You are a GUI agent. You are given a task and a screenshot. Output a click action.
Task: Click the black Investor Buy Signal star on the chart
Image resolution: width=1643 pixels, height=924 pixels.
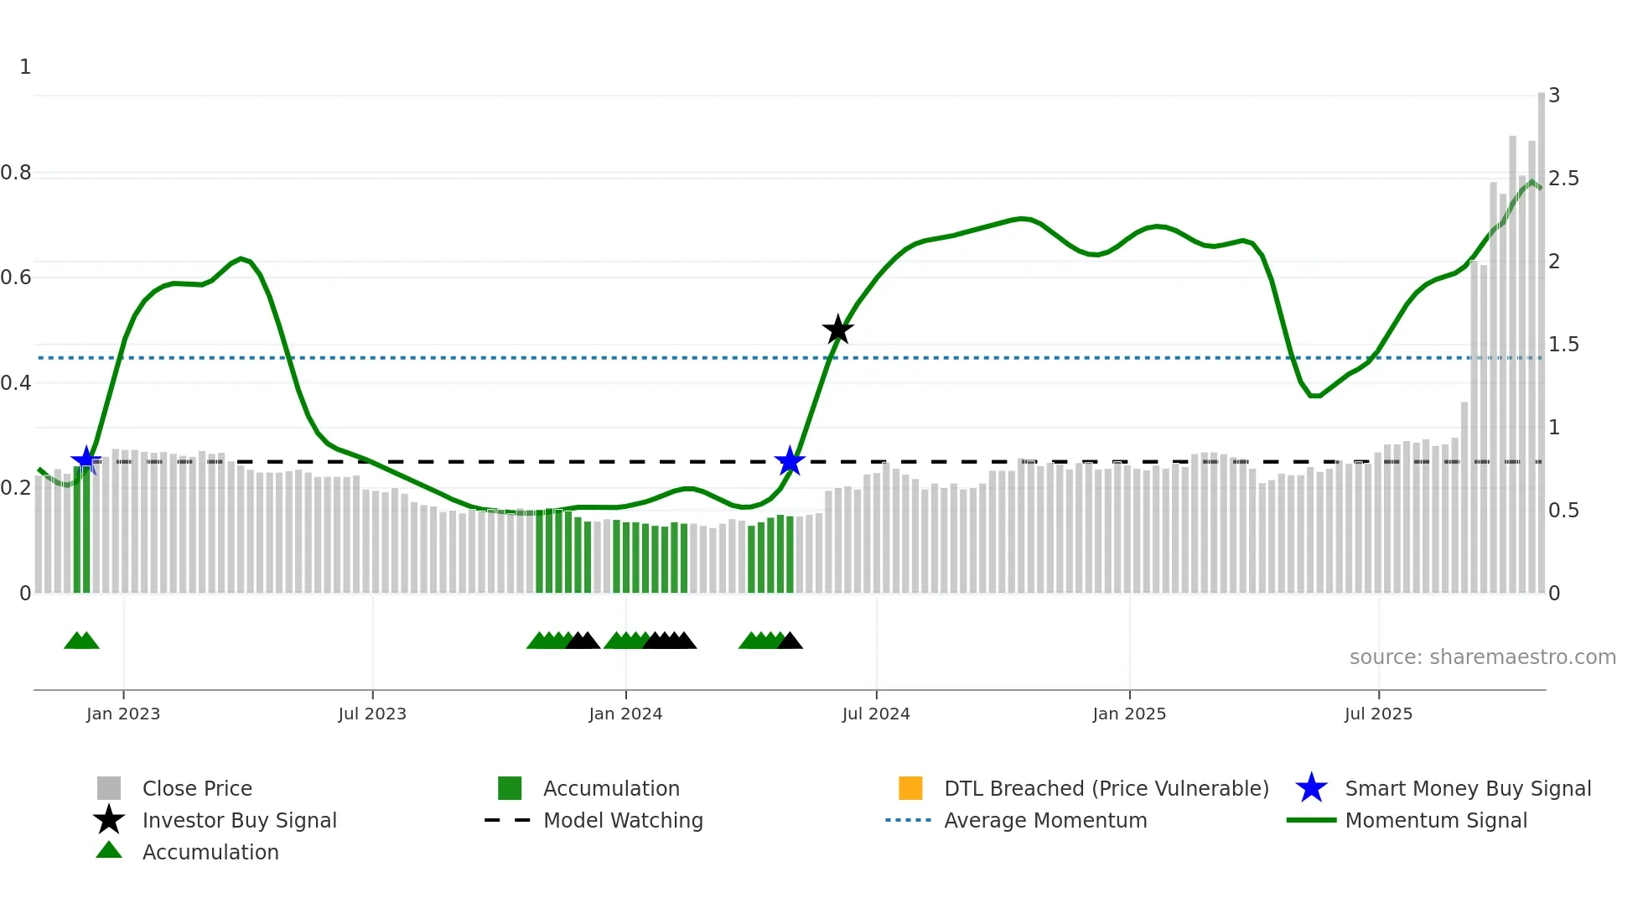tap(837, 330)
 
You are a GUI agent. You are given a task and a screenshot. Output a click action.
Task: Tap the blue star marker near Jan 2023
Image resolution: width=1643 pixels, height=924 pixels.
tap(86, 460)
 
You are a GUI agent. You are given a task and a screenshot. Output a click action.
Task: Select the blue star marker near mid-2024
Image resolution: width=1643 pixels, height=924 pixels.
tap(790, 460)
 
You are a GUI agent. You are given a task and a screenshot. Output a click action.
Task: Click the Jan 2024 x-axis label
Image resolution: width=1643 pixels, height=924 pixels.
tap(625, 714)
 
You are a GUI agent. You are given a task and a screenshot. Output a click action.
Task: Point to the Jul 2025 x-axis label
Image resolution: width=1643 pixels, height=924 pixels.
tap(1378, 714)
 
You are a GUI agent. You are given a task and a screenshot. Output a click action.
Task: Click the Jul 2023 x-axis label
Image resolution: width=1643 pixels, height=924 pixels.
tap(372, 714)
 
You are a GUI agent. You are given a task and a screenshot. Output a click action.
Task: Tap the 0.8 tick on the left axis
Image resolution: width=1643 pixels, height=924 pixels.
tap(16, 173)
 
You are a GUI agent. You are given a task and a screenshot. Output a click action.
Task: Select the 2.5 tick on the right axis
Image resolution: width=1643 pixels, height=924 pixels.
tap(1563, 179)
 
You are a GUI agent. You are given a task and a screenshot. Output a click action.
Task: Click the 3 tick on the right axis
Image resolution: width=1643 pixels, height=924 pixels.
tap(1554, 96)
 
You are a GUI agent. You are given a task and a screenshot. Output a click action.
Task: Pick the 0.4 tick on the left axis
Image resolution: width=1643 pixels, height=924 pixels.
tap(16, 383)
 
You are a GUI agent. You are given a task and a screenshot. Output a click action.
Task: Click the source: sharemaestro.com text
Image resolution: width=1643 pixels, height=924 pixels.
tap(1482, 657)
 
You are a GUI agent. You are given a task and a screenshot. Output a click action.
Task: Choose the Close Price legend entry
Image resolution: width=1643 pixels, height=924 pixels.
tap(197, 788)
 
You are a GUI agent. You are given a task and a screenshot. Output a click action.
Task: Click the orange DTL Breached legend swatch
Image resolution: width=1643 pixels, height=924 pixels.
tap(910, 788)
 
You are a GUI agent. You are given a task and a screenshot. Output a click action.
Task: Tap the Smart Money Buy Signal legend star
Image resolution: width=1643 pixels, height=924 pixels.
tap(1311, 788)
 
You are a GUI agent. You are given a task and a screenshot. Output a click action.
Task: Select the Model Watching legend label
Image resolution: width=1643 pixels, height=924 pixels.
tap(623, 820)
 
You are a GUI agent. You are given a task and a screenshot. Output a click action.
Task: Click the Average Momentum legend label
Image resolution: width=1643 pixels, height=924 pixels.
tap(1045, 820)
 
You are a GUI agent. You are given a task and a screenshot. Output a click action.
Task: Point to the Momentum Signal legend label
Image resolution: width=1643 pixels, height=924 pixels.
tap(1436, 820)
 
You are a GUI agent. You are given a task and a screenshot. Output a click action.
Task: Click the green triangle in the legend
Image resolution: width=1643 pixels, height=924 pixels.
tap(109, 850)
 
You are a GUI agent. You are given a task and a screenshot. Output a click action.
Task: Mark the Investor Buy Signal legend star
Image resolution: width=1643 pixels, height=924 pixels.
tap(109, 820)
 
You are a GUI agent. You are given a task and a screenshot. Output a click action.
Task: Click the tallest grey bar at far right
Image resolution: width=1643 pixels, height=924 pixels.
tap(1541, 335)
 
